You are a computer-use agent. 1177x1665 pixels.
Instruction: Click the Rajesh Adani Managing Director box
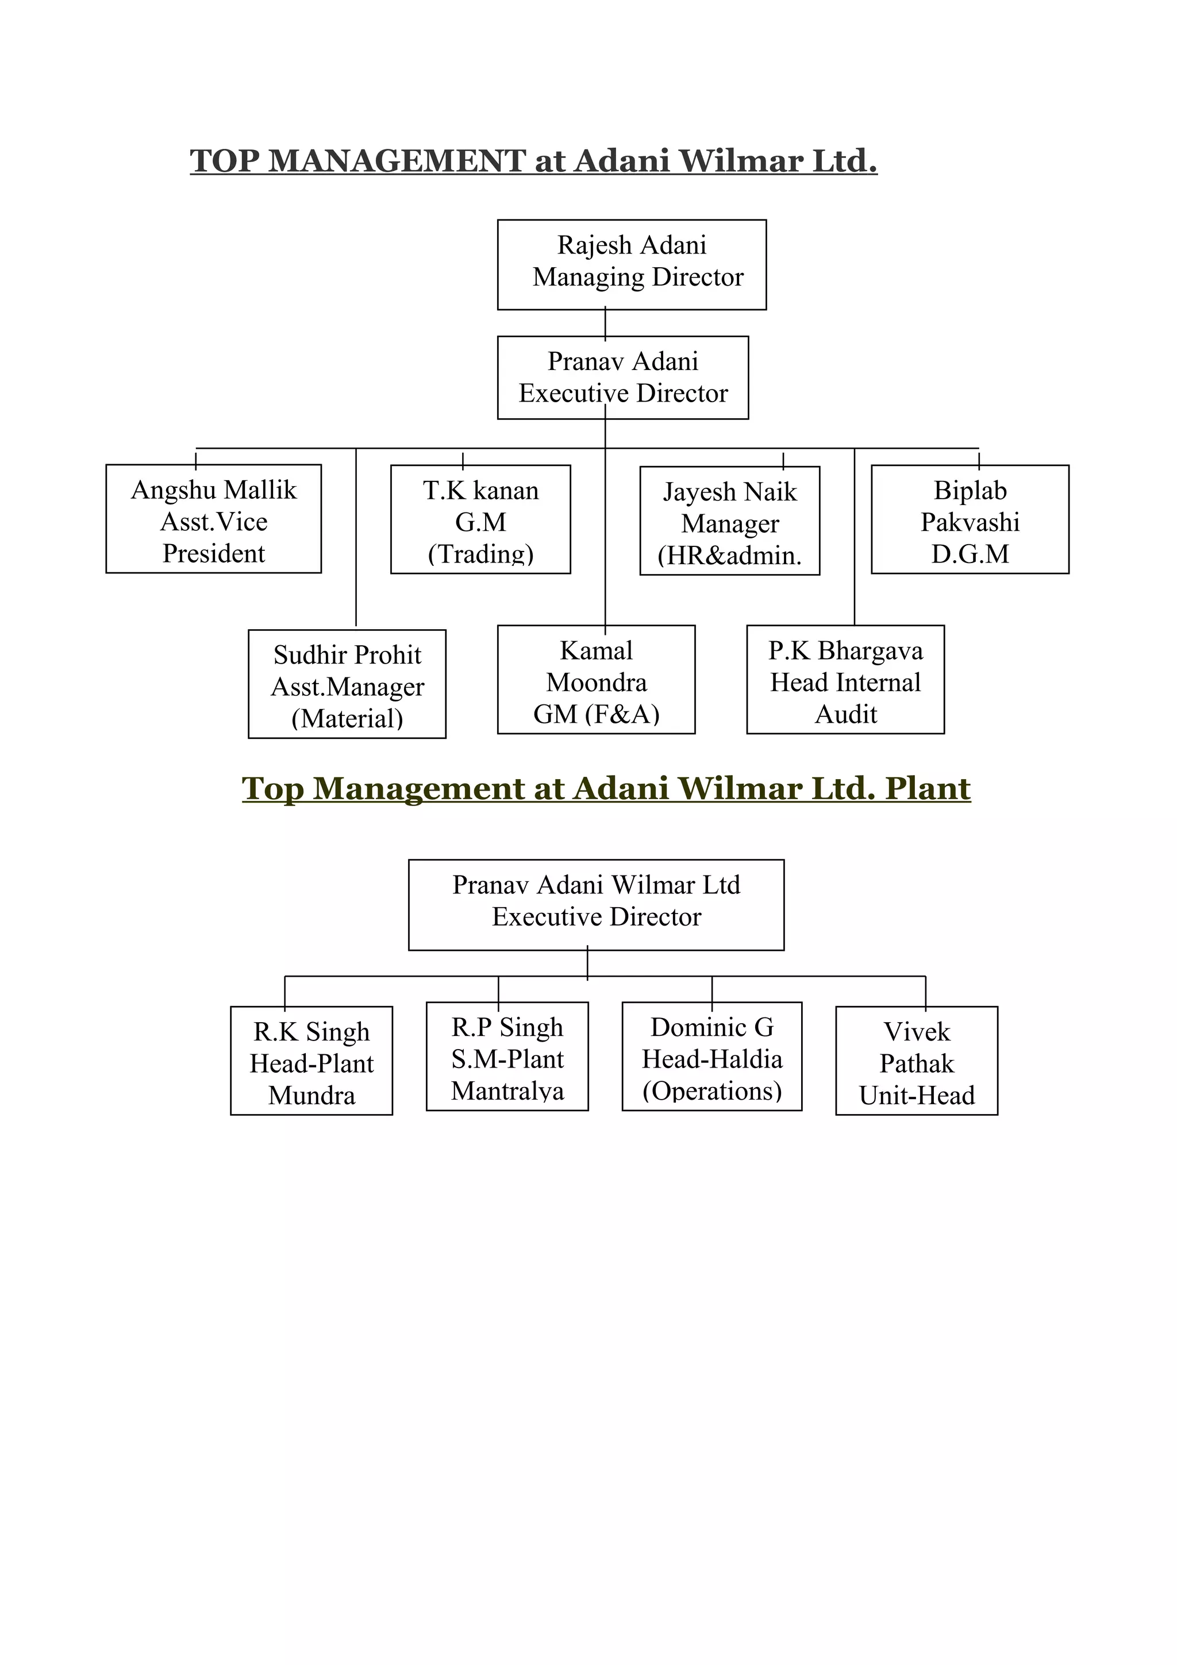click(631, 265)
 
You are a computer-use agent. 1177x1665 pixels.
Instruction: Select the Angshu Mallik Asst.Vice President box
click(213, 519)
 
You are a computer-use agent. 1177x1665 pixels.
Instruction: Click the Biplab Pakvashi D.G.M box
click(970, 520)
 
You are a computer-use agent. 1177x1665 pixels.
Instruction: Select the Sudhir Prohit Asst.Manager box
click(347, 685)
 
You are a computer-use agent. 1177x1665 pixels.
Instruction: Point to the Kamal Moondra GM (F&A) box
click(595, 680)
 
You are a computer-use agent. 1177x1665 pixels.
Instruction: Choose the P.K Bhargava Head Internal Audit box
click(845, 680)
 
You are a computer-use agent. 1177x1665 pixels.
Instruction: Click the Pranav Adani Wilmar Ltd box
click(595, 905)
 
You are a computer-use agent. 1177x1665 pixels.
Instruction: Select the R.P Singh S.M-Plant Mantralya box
click(507, 1057)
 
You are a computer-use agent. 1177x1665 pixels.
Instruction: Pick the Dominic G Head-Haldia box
click(711, 1057)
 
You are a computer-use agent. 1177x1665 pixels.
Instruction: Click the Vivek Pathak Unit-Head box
click(916, 1062)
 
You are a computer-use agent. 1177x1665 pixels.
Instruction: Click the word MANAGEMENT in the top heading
click(397, 161)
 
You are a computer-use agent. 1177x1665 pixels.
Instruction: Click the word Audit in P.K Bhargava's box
click(845, 714)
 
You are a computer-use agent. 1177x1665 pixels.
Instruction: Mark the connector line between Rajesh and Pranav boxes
click(605, 323)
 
